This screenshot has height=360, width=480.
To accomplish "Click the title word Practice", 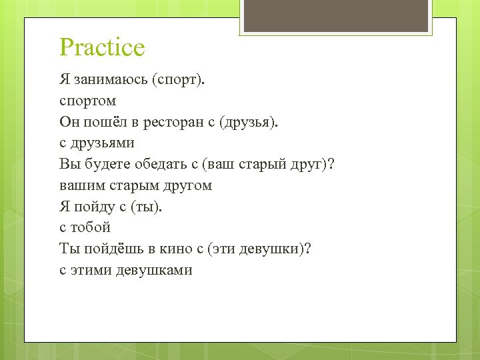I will [x=102, y=48].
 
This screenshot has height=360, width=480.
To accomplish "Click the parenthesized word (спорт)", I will [x=180, y=80].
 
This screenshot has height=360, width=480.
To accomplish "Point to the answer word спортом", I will [x=87, y=101].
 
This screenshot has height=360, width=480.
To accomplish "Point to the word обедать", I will [x=160, y=164].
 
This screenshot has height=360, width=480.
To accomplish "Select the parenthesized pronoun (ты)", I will [x=147, y=207].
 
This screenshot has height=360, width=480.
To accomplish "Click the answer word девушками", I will [x=154, y=270].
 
